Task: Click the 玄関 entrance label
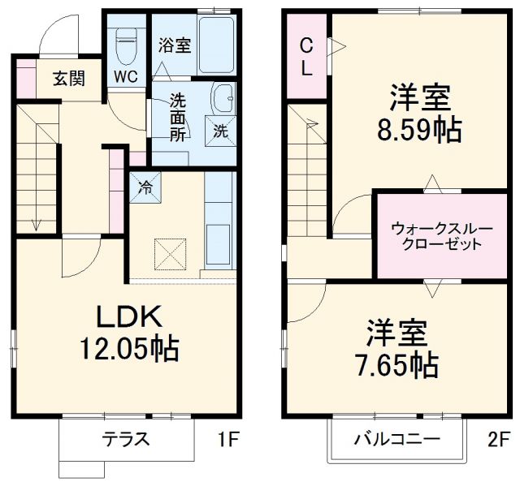point(70,79)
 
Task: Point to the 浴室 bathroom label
point(174,45)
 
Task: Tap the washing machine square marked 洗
point(219,128)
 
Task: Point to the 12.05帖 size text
point(128,348)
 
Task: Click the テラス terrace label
point(126,440)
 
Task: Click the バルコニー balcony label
point(396,440)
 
